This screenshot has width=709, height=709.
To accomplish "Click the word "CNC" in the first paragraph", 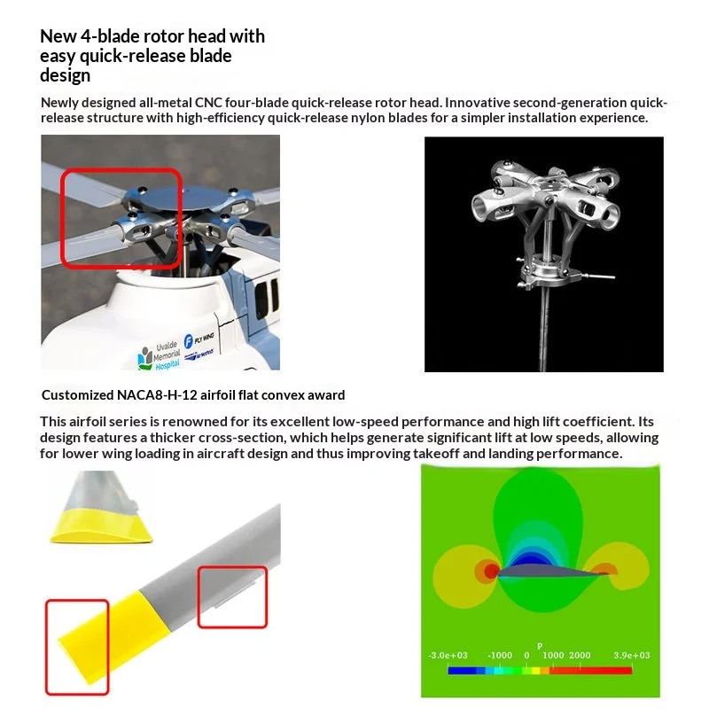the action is [x=208, y=103].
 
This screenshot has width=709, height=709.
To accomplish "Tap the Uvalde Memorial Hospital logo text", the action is [x=168, y=356].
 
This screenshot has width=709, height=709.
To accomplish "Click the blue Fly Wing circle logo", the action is [x=189, y=341].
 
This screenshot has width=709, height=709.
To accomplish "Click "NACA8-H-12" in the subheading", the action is [x=157, y=395].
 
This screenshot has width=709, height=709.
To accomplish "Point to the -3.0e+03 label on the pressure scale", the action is [x=448, y=655].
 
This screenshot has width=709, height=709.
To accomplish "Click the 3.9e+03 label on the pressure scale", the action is [x=631, y=655].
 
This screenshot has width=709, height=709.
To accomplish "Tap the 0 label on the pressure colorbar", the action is [x=526, y=655].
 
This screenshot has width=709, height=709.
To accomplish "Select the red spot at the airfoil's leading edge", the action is [x=491, y=571].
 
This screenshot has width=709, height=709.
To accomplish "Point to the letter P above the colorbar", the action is [x=540, y=646].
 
